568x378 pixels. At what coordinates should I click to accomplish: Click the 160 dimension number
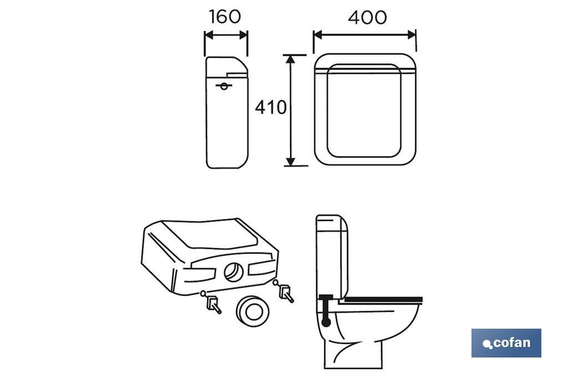[225, 17]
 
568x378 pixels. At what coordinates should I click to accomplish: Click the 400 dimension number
[367, 17]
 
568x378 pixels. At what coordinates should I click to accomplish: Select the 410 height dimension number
[271, 107]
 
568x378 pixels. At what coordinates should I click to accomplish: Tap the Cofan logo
[506, 343]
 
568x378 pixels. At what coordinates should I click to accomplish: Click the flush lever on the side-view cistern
[224, 86]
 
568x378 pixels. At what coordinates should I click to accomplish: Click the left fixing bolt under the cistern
[211, 302]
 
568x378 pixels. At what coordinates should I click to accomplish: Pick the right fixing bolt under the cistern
[285, 291]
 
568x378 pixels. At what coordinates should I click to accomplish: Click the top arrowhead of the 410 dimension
[290, 59]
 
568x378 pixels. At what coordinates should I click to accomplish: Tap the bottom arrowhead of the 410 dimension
[290, 161]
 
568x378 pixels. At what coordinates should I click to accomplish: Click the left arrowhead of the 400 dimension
[318, 35]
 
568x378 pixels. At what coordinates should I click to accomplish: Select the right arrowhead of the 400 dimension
[412, 35]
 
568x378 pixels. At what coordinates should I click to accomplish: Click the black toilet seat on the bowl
[383, 299]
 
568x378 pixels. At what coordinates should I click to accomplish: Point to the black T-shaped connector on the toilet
[326, 310]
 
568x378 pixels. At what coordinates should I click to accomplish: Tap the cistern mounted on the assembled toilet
[332, 257]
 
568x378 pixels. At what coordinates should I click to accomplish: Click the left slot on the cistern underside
[200, 274]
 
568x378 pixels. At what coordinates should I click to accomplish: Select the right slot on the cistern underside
[261, 268]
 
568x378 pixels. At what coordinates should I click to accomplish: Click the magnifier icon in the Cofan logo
[488, 344]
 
